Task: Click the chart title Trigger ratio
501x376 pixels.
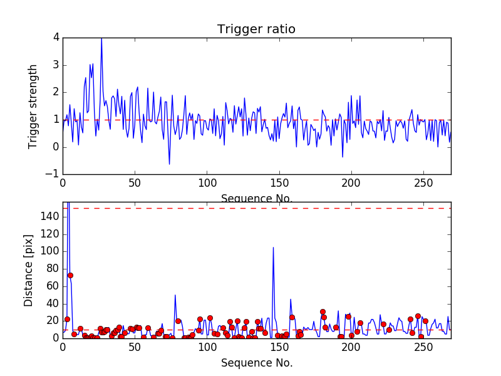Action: click(x=256, y=29)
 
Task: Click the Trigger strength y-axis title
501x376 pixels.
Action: click(x=34, y=106)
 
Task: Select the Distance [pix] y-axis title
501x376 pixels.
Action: click(x=28, y=270)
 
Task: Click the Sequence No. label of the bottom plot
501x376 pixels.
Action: click(x=256, y=363)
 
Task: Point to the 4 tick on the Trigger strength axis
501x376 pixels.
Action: click(x=56, y=37)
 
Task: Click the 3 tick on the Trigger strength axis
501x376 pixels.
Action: click(x=56, y=65)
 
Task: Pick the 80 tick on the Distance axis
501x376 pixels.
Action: click(x=52, y=268)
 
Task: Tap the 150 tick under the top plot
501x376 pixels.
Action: click(x=279, y=183)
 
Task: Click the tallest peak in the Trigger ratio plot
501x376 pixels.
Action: click(x=101, y=39)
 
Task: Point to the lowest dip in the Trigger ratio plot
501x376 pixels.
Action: click(x=169, y=164)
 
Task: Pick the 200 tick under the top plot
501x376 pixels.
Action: click(x=351, y=183)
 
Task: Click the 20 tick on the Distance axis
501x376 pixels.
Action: click(x=52, y=320)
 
